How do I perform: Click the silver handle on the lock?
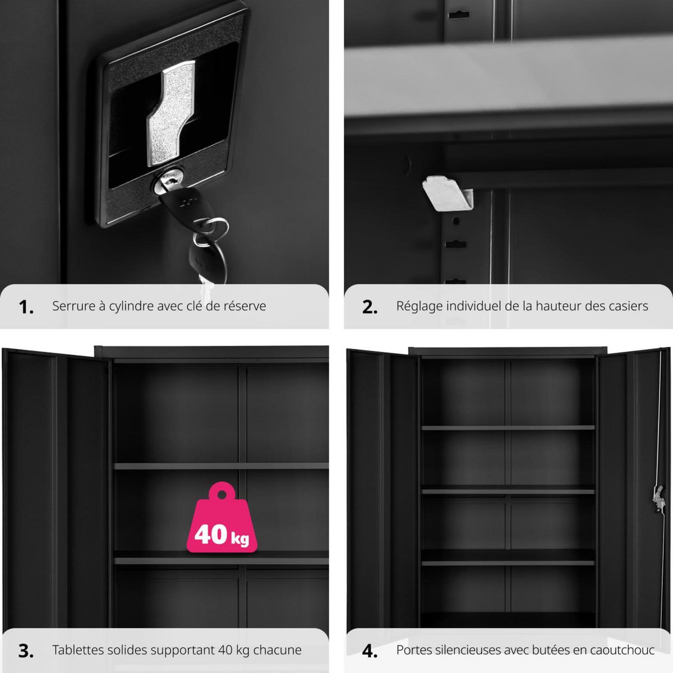pyautogui.click(x=170, y=112)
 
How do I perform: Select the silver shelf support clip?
pyautogui.click(x=446, y=193)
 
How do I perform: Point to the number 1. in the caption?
pyautogui.click(x=26, y=307)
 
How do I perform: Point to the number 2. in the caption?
pyautogui.click(x=370, y=307)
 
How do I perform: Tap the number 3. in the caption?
pyautogui.click(x=26, y=651)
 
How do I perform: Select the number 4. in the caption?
pyautogui.click(x=370, y=651)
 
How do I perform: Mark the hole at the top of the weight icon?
pyautogui.click(x=222, y=494)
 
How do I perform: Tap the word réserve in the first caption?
pyautogui.click(x=245, y=306)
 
